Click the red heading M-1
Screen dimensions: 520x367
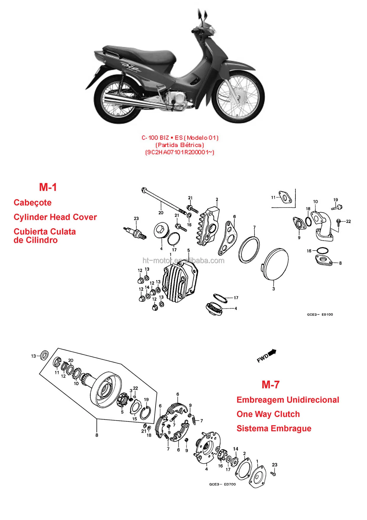[x=48, y=187]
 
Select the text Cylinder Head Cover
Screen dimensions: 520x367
[x=55, y=217]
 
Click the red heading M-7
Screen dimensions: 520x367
[x=271, y=385]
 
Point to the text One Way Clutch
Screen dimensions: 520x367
[x=268, y=414]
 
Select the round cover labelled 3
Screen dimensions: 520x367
[x=275, y=264]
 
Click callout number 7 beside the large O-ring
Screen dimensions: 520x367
[x=254, y=227]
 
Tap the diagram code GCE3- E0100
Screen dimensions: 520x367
[x=320, y=314]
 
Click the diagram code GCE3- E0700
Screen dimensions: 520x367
[x=222, y=484]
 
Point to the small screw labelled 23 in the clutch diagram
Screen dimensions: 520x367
[x=274, y=474]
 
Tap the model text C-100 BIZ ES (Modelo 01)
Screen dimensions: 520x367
[x=180, y=138]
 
